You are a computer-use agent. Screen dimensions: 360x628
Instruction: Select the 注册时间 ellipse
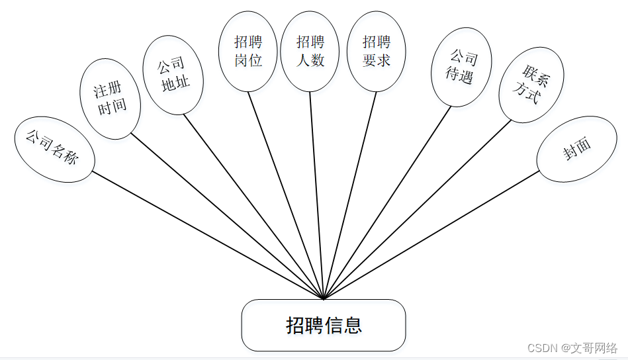111,100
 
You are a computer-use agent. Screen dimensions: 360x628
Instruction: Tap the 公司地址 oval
173,75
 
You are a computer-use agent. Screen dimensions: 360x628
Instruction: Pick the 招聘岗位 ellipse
248,52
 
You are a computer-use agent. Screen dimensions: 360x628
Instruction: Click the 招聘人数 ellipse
310,52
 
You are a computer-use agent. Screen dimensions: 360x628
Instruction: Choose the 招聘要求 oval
377,52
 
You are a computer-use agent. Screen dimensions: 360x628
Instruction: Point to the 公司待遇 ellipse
461,67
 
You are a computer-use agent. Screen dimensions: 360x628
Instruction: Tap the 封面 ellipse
576,150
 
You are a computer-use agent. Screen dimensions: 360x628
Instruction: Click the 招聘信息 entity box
323,325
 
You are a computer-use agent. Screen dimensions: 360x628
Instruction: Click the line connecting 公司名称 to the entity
208,235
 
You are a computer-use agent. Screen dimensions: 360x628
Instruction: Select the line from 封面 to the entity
431,235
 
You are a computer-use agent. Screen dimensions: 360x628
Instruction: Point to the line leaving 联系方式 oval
417,210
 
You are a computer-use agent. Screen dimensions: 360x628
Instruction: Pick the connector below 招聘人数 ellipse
316,195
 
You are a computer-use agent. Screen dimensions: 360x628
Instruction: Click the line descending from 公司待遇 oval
387,202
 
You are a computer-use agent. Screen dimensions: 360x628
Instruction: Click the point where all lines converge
324,298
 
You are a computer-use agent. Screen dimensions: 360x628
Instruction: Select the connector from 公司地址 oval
253,206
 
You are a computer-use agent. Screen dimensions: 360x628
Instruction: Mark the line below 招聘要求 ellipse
350,195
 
